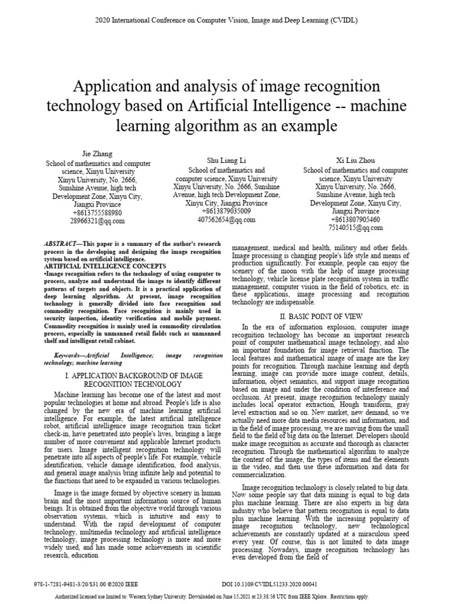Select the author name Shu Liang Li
coord(226,160)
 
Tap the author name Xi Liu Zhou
coord(355,160)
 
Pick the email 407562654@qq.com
coord(226,219)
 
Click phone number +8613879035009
coord(226,211)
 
